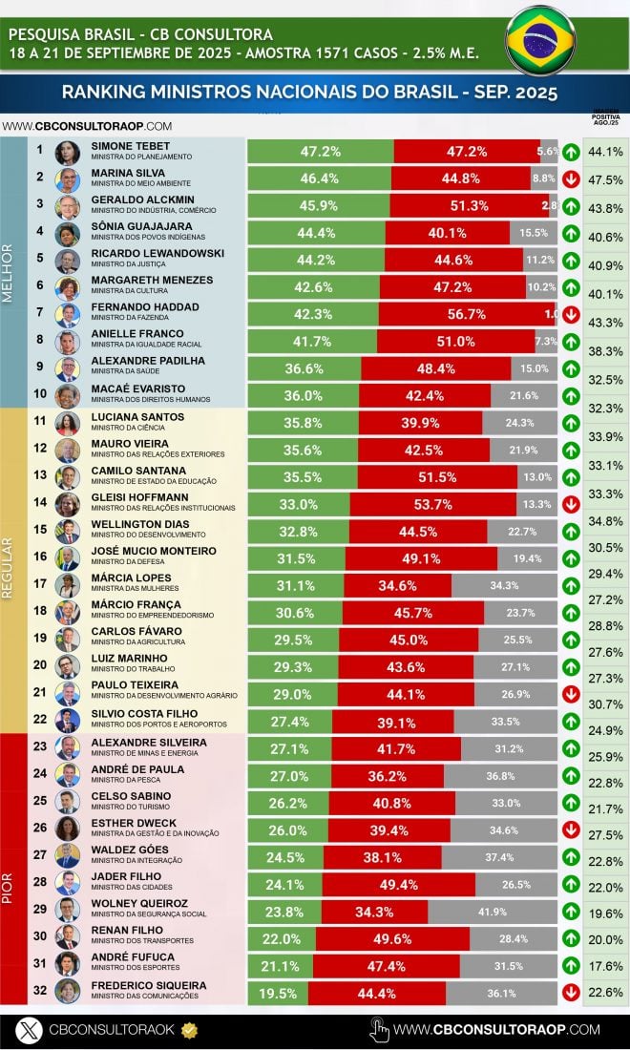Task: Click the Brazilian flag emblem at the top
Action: click(x=540, y=40)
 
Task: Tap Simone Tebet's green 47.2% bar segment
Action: click(x=321, y=152)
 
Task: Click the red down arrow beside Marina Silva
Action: click(x=570, y=178)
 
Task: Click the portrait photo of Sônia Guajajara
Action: click(x=67, y=234)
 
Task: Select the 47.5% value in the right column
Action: click(x=605, y=180)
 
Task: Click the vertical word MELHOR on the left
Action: click(x=9, y=272)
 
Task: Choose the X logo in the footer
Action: click(x=31, y=1029)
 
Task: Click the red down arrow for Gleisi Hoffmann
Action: click(x=570, y=503)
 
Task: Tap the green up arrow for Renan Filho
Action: click(x=570, y=937)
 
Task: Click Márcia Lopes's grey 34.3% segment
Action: click(x=504, y=585)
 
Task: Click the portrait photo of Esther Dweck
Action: click(x=67, y=828)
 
